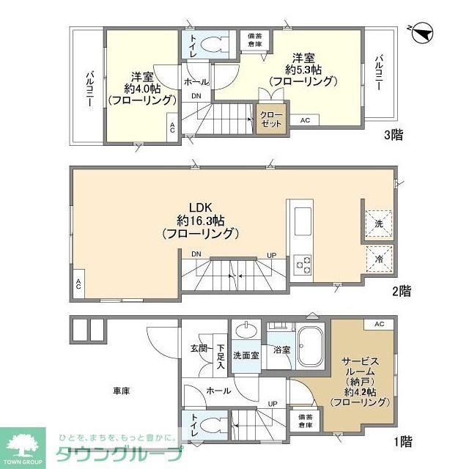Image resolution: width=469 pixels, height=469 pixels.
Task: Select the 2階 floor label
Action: [x=400, y=291]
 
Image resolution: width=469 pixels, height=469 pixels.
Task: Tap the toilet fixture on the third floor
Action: [x=214, y=43]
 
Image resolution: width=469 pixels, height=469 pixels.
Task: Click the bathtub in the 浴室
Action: [x=311, y=347]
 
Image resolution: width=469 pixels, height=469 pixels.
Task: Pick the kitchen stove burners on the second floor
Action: [x=303, y=263]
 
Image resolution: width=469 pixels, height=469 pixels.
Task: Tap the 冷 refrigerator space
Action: [x=379, y=258]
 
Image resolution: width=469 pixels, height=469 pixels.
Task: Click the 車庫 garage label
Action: [x=122, y=391]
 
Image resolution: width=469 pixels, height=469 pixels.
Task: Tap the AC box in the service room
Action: [x=379, y=324]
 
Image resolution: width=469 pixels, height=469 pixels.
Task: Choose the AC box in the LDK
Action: [x=78, y=285]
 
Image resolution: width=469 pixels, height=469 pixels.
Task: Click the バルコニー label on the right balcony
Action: [x=380, y=73]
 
